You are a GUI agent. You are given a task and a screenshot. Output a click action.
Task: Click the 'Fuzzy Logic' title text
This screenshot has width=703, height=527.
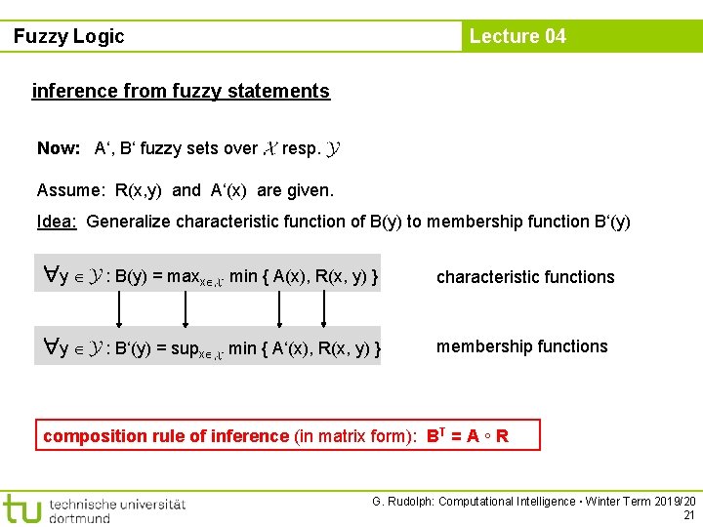click(69, 37)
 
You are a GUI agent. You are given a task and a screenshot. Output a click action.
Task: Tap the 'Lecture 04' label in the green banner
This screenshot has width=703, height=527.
click(517, 37)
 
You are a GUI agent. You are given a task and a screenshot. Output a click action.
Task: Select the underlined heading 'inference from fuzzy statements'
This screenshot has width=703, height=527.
click(181, 92)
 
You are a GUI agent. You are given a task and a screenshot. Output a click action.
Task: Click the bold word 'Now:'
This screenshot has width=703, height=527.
click(59, 149)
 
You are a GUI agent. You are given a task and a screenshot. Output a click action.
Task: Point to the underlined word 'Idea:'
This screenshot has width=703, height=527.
click(57, 222)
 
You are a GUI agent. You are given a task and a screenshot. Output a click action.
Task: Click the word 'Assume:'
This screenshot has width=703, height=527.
click(70, 189)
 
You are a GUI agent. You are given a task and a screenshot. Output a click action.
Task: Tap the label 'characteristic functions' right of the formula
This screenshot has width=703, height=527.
click(525, 277)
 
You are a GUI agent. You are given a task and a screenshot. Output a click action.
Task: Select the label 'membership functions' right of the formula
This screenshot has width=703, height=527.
click(521, 346)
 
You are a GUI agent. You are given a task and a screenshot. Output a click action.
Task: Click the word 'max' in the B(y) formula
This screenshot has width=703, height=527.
click(182, 277)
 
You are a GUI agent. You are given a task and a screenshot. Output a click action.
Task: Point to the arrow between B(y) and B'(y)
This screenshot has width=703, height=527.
click(121, 311)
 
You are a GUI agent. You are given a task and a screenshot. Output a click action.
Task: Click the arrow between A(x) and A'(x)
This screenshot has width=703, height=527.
click(280, 311)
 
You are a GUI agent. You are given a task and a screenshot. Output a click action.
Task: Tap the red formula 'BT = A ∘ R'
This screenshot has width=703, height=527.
click(467, 435)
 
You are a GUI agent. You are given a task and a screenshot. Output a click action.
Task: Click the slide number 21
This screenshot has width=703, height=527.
click(689, 515)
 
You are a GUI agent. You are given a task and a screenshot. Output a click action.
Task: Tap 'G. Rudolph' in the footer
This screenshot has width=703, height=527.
click(402, 502)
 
